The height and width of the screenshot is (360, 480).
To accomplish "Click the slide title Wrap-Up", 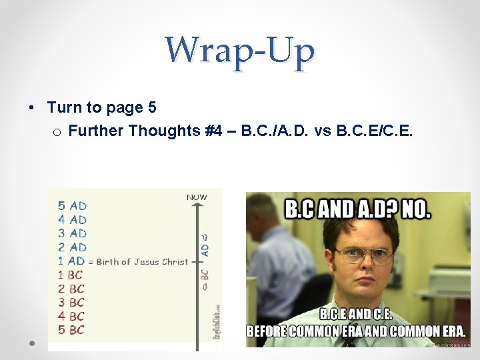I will (240, 51).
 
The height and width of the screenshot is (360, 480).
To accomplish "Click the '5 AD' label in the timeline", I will (72, 206).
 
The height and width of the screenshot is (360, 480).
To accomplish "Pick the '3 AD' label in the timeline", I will (72, 233).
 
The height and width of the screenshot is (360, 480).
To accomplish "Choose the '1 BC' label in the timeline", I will (71, 275).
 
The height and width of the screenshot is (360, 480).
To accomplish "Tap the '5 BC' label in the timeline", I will (71, 329).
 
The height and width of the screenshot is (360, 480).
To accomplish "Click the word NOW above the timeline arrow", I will (197, 197).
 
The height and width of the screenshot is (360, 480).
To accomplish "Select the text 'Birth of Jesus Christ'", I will (142, 261).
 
